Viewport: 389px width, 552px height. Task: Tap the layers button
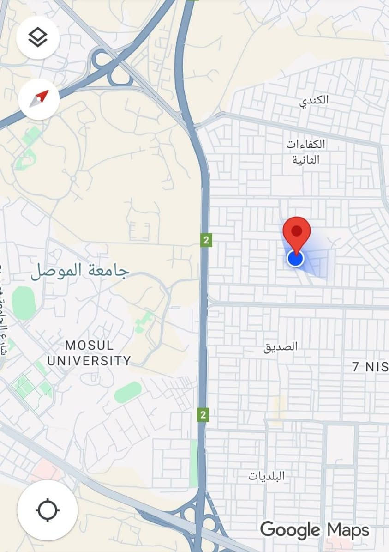pyautogui.click(x=37, y=37)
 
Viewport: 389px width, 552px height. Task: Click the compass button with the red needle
pyautogui.click(x=39, y=98)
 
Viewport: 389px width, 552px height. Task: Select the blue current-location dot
pyautogui.click(x=295, y=258)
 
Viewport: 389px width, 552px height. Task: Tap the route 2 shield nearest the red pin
pyautogui.click(x=206, y=240)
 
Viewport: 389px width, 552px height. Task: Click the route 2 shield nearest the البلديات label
pyautogui.click(x=203, y=414)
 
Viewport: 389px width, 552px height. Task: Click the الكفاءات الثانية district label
pyautogui.click(x=305, y=152)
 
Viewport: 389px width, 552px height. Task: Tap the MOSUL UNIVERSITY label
pyautogui.click(x=89, y=352)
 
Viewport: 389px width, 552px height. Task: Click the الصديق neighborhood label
pyautogui.click(x=281, y=346)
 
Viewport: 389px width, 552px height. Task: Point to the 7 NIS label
pyautogui.click(x=370, y=367)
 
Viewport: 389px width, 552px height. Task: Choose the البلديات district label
pyautogui.click(x=267, y=476)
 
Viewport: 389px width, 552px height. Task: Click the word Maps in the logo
pyautogui.click(x=348, y=530)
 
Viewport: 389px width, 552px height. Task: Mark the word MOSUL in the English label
pyautogui.click(x=89, y=345)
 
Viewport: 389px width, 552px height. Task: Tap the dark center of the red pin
pyautogui.click(x=297, y=230)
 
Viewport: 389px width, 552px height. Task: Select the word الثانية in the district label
pyautogui.click(x=305, y=159)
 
